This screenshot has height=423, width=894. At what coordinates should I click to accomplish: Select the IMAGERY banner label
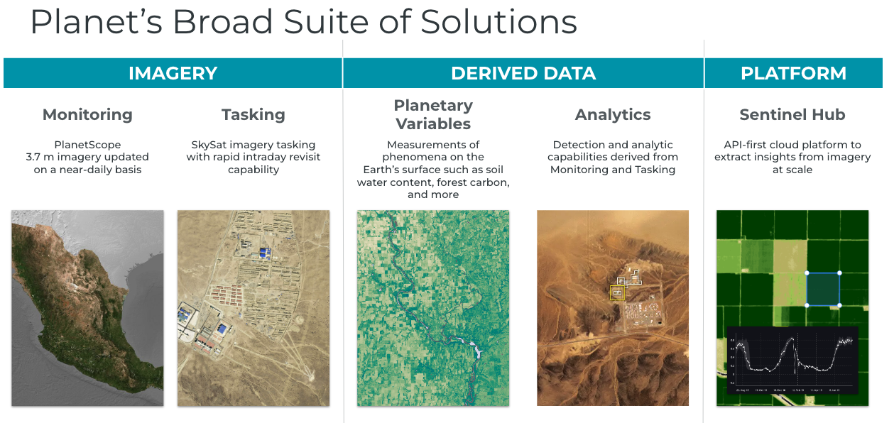click(x=173, y=73)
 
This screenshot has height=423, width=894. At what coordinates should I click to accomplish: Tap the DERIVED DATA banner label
click(x=523, y=73)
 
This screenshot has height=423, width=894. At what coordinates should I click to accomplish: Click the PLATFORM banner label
click(x=793, y=73)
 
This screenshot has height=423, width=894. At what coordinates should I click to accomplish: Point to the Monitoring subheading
click(x=87, y=114)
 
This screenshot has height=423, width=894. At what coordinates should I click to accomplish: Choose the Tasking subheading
click(x=253, y=114)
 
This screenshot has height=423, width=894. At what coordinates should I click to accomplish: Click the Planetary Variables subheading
click(x=433, y=114)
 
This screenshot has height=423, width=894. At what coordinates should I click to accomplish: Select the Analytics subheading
click(x=613, y=114)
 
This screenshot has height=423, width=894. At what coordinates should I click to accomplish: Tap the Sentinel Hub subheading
click(x=792, y=114)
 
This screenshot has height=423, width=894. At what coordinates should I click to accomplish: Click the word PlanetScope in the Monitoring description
click(x=87, y=145)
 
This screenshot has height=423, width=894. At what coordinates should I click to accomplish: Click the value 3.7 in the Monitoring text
click(x=36, y=157)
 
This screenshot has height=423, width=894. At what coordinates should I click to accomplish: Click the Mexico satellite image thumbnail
click(x=87, y=307)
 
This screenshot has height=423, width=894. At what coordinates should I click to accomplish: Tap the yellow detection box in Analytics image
click(x=617, y=292)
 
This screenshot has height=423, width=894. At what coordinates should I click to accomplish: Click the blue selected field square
click(x=823, y=289)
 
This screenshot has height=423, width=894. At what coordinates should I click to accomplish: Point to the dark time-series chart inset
click(x=792, y=360)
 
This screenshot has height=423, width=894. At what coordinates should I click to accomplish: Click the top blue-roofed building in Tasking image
click(x=266, y=252)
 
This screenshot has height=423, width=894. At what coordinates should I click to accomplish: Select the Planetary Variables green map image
click(x=433, y=307)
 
